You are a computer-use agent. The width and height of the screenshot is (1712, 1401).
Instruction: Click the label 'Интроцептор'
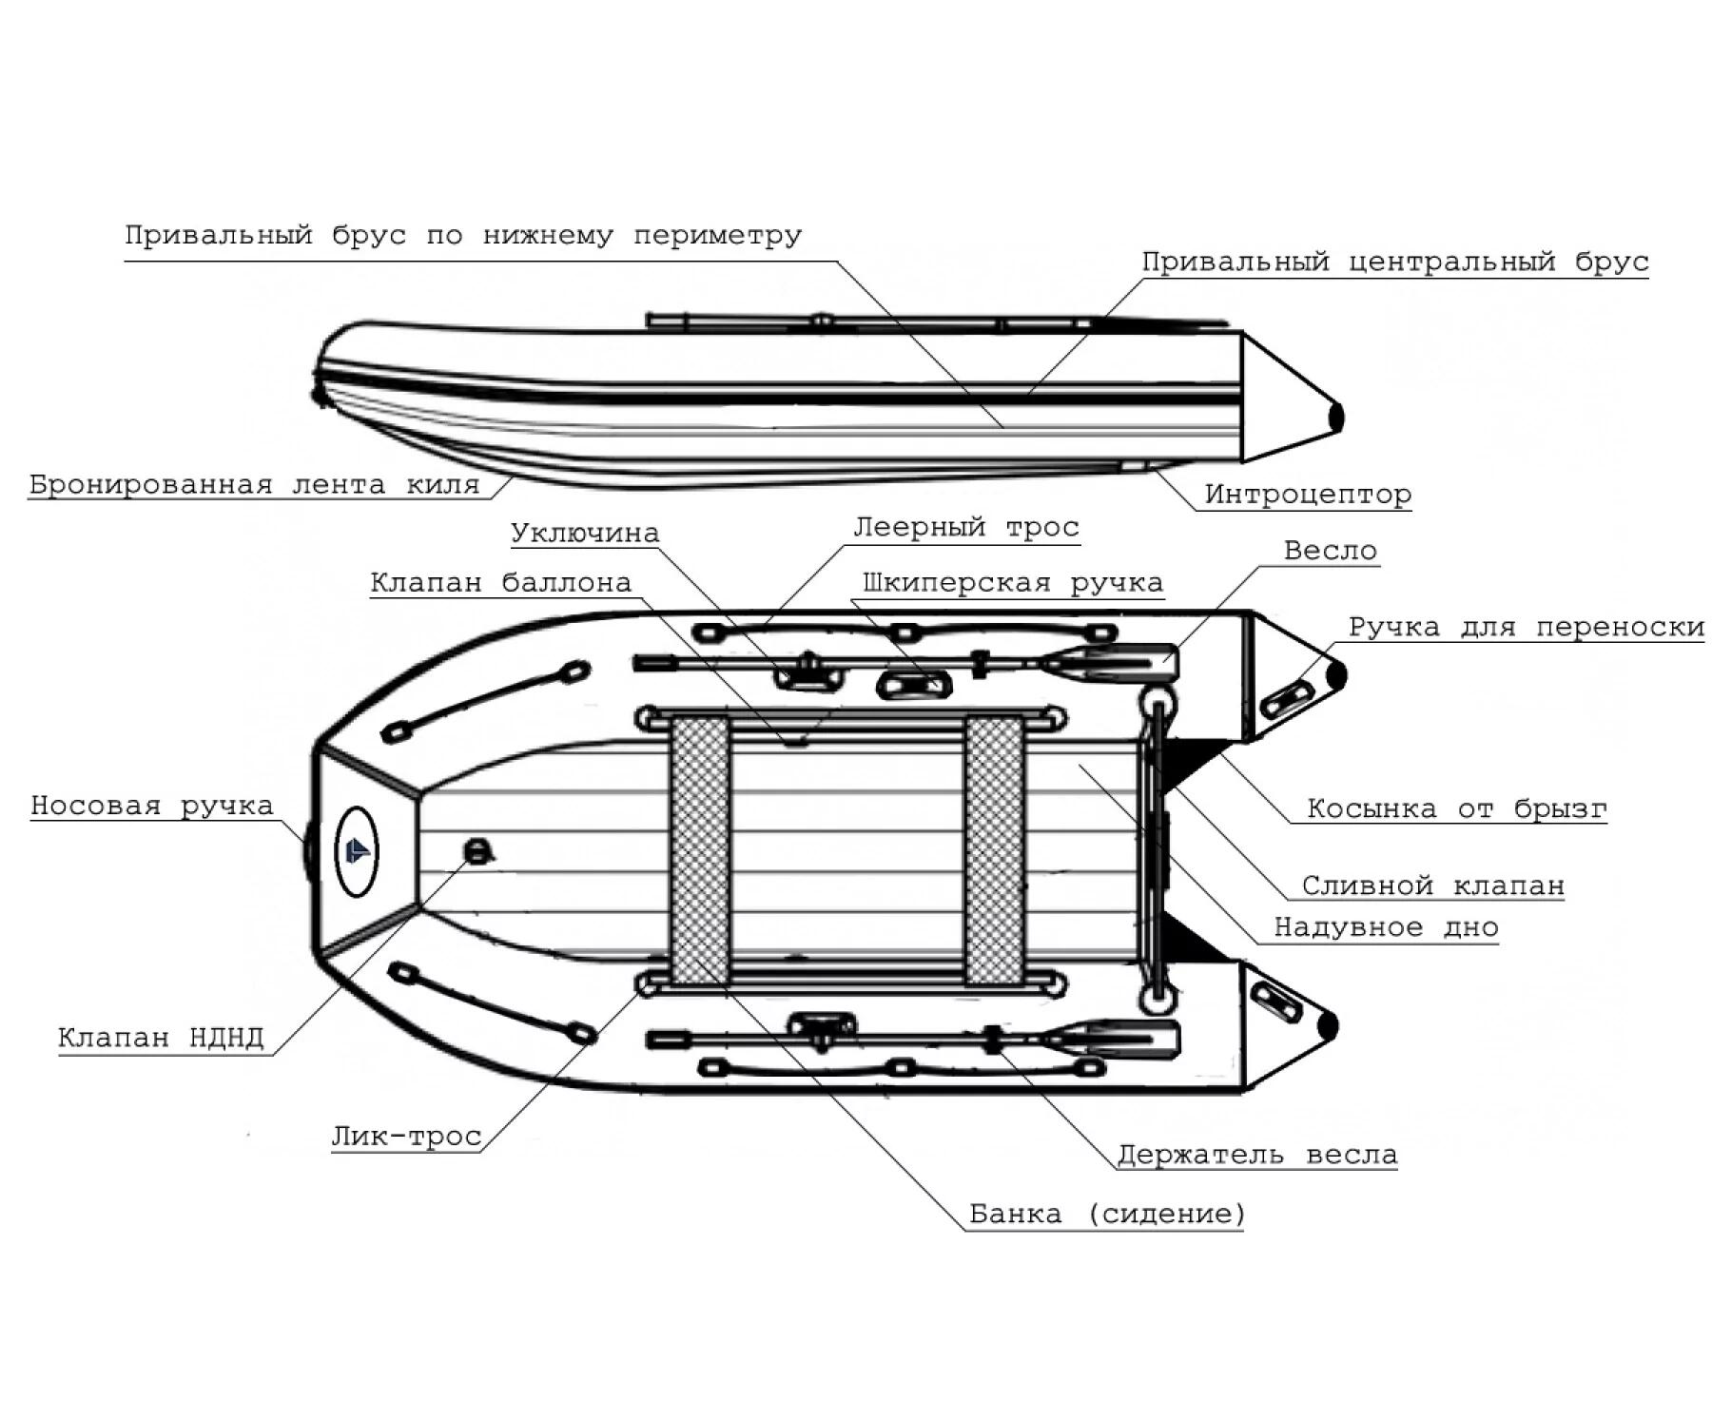point(1308,495)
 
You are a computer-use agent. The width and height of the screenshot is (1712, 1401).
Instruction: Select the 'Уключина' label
point(585,533)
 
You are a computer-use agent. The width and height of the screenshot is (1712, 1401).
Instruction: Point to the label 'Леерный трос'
point(966,527)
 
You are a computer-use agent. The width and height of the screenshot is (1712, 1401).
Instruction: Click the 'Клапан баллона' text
point(501,582)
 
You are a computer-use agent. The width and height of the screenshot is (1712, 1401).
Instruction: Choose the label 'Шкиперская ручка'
point(1013,582)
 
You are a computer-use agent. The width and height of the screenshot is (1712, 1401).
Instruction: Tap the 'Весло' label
point(1331,550)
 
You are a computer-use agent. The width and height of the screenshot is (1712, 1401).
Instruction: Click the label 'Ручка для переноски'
point(1527,627)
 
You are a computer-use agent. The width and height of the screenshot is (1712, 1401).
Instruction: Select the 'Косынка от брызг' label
point(1457,808)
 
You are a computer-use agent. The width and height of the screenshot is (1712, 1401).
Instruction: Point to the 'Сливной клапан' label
point(1433,885)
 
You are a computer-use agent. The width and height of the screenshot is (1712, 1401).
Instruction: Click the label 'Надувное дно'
point(1387,927)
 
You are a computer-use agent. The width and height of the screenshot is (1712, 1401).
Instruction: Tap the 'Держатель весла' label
point(1257,1155)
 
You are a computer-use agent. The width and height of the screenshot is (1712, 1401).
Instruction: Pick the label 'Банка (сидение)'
point(1107,1214)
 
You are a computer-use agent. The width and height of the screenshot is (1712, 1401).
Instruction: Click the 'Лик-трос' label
point(406,1137)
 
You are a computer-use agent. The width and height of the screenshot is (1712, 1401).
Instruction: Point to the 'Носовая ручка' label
point(152,806)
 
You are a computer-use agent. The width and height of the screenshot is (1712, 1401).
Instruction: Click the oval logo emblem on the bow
point(357,851)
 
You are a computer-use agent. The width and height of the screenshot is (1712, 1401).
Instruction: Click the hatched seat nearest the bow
point(700,850)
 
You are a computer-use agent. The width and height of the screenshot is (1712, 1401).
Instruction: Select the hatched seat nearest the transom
point(994,850)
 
